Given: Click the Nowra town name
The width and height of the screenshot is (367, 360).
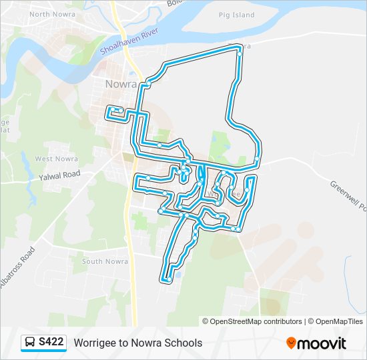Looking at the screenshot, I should pyautogui.click(x=121, y=85).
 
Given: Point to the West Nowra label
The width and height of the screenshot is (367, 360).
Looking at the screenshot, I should pyautogui.click(x=57, y=159).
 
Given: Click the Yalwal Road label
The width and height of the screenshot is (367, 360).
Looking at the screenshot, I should pyautogui.click(x=59, y=174).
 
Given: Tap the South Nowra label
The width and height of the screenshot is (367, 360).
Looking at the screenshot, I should pyautogui.click(x=105, y=261).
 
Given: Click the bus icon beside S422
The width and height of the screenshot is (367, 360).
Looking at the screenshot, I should pyautogui.click(x=31, y=343).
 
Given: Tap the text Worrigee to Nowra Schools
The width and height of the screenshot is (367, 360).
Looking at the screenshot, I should pyautogui.click(x=138, y=343).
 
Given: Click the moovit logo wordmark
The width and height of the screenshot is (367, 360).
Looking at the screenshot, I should pyautogui.click(x=322, y=343).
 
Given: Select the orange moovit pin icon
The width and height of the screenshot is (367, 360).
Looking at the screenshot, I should pyautogui.click(x=291, y=343).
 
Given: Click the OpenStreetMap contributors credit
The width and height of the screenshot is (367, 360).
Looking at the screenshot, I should pyautogui.click(x=256, y=321).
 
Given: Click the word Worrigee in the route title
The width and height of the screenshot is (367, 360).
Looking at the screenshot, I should pyautogui.click(x=94, y=343).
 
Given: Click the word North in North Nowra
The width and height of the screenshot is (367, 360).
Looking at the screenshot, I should pyautogui.click(x=40, y=14).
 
